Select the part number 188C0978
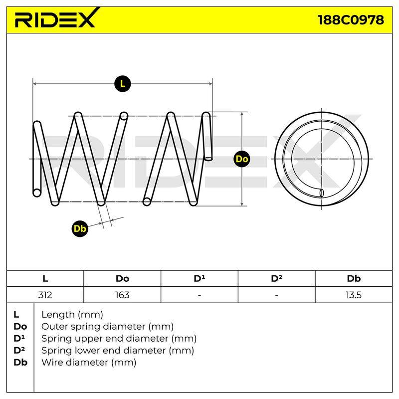pos(351,20)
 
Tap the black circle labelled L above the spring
pos(123,84)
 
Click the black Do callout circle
pos(242,159)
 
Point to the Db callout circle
pos(80,228)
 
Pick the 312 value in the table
pos(45,295)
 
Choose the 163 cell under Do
pos(122,295)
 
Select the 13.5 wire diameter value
pos(354,295)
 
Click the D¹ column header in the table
pos(199,278)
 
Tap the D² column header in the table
pos(276,278)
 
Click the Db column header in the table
pos(354,278)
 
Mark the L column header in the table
pos(45,278)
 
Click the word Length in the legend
pos(57,315)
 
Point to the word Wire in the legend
pos(51,362)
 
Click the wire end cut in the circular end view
pos(321,193)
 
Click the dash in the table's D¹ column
pos(199,295)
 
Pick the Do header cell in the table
pos(122,278)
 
